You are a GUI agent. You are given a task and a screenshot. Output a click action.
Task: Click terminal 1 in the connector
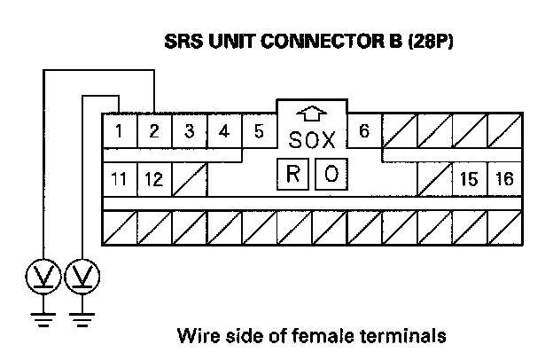[120, 132]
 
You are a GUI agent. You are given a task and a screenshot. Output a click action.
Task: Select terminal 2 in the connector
[154, 132]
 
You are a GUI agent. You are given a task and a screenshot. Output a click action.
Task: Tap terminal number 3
[189, 132]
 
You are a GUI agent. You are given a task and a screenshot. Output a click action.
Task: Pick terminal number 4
[223, 132]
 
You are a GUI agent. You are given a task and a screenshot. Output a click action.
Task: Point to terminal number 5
[259, 132]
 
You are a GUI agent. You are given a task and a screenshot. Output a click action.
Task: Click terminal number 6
[363, 132]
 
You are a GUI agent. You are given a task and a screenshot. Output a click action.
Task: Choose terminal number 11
[120, 179]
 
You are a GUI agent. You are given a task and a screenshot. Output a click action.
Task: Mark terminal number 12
[153, 179]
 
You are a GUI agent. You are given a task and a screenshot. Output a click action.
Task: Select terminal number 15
[469, 179]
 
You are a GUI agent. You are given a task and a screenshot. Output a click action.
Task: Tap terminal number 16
[503, 179]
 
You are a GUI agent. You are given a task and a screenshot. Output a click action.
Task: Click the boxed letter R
[294, 174]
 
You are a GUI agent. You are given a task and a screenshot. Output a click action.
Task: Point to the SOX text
[311, 140]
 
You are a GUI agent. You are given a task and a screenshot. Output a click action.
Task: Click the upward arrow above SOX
[311, 114]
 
